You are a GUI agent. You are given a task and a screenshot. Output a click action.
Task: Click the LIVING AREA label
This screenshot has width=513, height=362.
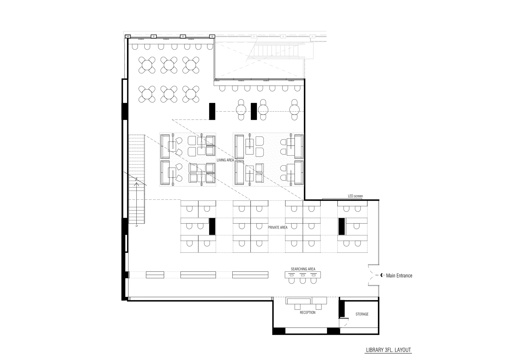pos(225,160)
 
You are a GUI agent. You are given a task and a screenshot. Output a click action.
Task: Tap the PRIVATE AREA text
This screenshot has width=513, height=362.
pos(278,227)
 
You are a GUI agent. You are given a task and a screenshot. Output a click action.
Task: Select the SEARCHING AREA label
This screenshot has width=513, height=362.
pos(303,269)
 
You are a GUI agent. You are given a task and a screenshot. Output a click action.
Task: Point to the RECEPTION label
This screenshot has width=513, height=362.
pos(308,313)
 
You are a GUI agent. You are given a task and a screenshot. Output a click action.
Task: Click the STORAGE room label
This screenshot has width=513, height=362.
pos(362,314)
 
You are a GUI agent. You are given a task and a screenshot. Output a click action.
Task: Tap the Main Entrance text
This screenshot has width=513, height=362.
pos(399,276)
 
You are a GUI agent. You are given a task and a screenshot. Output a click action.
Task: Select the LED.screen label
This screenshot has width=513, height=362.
pos(355,196)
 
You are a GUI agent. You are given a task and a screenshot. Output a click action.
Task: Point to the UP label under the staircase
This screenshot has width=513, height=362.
pos(137,226)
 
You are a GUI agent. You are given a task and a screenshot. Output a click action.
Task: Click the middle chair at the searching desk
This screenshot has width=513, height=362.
pos(303,281)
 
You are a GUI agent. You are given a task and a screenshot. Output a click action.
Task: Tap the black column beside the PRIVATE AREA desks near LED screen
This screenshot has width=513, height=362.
pos(341,226)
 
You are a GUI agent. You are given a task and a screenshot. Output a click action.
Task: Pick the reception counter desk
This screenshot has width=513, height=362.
pos(306,301)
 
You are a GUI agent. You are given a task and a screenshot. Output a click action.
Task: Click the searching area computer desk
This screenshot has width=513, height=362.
pos(303,275)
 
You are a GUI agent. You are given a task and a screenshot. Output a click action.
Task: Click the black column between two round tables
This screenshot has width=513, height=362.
pos(254,111)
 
